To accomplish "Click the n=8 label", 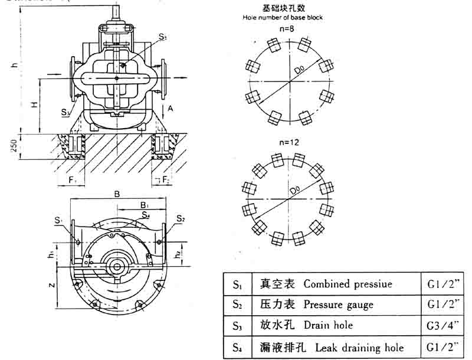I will click(287, 28).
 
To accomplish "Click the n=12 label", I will click(286, 143).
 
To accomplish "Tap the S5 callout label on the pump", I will click(162, 38).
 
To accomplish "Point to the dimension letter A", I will click(171, 109).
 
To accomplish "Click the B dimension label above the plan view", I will click(117, 193).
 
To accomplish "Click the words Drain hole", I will click(328, 325).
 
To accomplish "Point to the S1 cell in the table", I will click(237, 284).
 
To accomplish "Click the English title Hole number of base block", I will click(283, 18).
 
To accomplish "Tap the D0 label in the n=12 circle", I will click(295, 191).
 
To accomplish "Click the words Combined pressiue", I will click(348, 284).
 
